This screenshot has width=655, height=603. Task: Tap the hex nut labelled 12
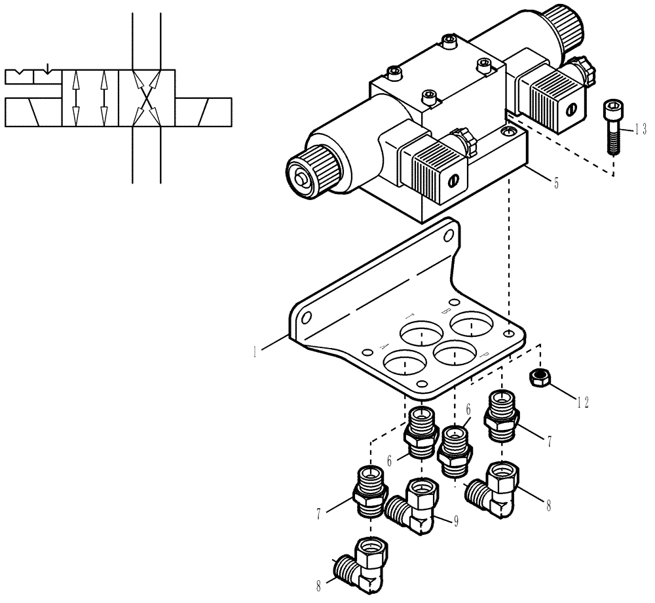click(539, 378)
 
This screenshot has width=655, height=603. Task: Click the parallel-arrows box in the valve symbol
click(90, 98)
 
